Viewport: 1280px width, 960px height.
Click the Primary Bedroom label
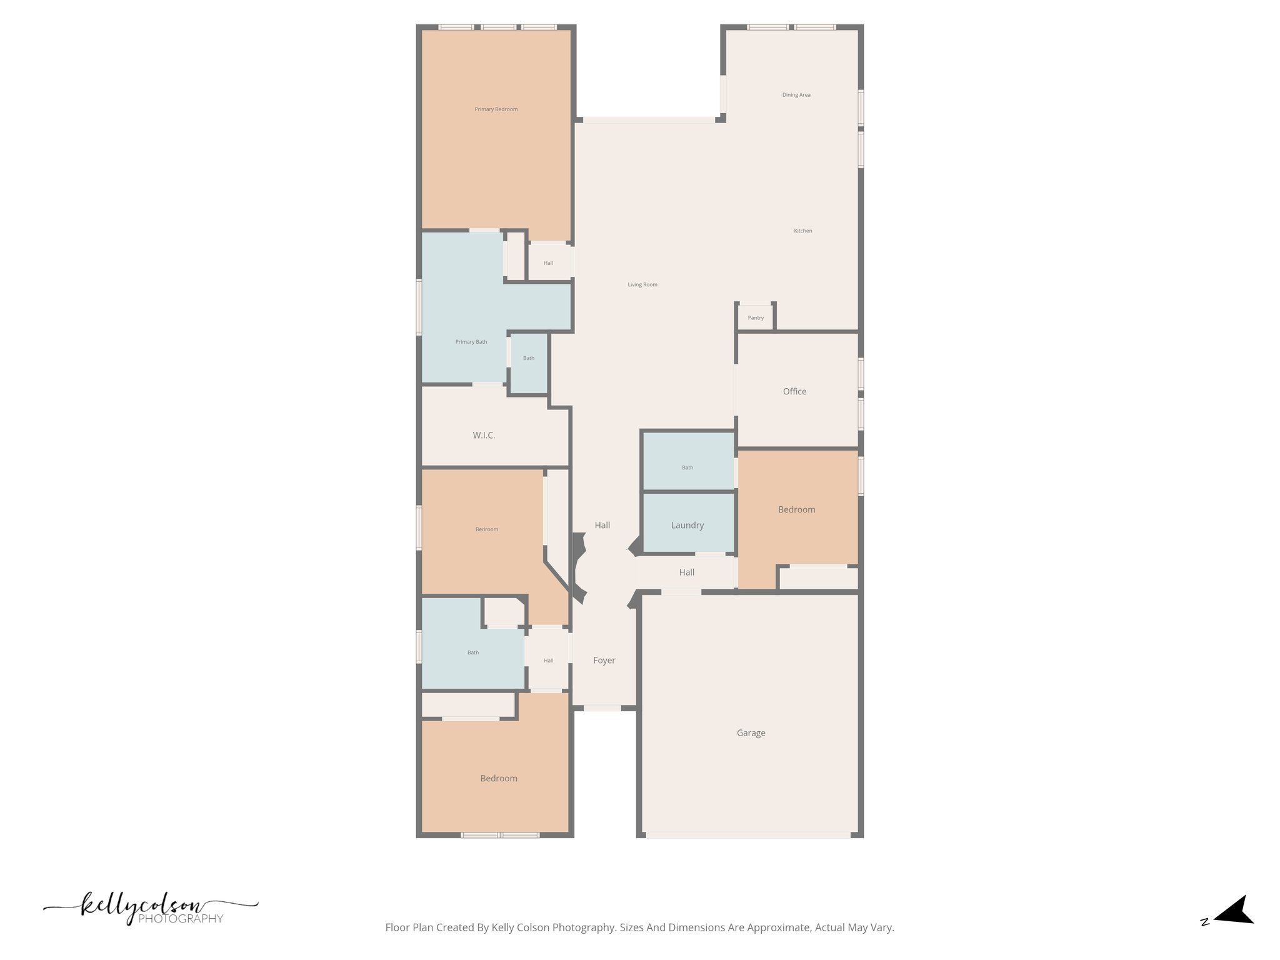496,109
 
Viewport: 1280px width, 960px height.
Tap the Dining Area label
796,95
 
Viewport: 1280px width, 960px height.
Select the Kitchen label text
802,231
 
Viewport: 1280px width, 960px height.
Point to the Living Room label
642,284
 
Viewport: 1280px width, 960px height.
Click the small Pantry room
756,317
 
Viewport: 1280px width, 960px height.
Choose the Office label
794,391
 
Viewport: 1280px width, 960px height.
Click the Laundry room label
687,525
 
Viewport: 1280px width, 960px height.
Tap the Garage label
751,732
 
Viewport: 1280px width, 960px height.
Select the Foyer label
604,660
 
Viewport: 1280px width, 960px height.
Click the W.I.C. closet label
484,435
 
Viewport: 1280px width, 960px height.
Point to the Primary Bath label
471,342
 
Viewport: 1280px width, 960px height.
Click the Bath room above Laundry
687,467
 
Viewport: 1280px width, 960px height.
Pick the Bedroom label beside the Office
796,509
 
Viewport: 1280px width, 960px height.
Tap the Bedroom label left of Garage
498,778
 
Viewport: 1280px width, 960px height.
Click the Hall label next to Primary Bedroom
548,263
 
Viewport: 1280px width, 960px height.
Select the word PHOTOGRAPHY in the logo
181,919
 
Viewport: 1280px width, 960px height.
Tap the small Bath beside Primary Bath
529,358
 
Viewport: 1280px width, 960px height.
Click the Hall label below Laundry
686,572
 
